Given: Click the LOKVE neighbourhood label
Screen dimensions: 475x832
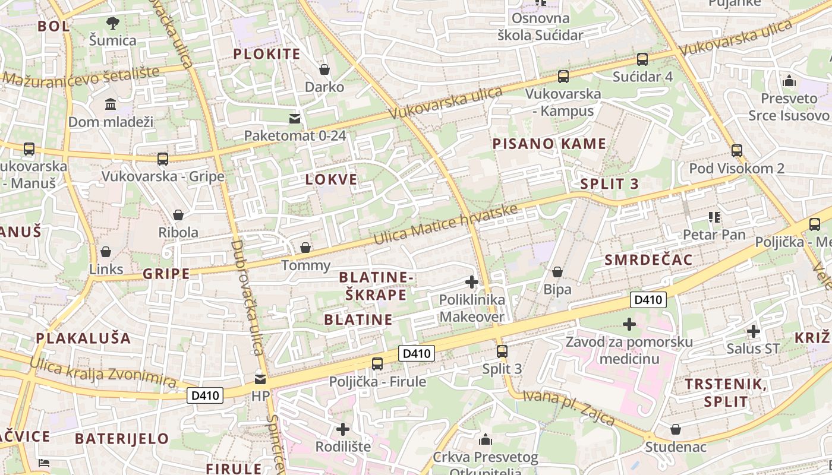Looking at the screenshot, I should [x=332, y=179].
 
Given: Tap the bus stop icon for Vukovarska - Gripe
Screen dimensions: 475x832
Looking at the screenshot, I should [x=163, y=159].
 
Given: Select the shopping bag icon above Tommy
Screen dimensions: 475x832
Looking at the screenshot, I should [x=305, y=247].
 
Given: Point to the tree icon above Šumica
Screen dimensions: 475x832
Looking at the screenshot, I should [x=112, y=23].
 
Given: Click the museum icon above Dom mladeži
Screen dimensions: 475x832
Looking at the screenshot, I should [x=111, y=104].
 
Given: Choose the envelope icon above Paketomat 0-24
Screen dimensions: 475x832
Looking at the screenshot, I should [x=295, y=119].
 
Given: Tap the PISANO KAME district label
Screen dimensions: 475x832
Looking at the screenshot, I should [x=549, y=144].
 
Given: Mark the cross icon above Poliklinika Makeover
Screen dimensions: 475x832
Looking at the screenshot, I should [x=472, y=282].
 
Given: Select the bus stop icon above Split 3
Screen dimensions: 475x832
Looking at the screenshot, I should [x=502, y=351].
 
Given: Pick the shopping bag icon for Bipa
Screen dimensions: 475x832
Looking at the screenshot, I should [x=557, y=272].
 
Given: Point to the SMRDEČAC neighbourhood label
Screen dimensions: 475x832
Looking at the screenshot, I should [x=648, y=259].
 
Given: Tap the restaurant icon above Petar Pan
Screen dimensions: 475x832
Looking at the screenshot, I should [x=714, y=217].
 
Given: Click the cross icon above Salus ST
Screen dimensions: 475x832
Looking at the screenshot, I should [x=754, y=331].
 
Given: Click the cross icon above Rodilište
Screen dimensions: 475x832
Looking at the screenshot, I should [x=343, y=429].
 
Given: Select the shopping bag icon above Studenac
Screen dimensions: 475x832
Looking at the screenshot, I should [x=676, y=429].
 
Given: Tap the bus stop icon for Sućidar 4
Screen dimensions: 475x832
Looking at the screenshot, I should [x=642, y=59].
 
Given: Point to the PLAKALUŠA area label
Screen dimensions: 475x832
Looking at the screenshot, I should [x=83, y=338].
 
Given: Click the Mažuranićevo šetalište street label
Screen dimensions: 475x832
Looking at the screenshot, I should [x=81, y=76].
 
